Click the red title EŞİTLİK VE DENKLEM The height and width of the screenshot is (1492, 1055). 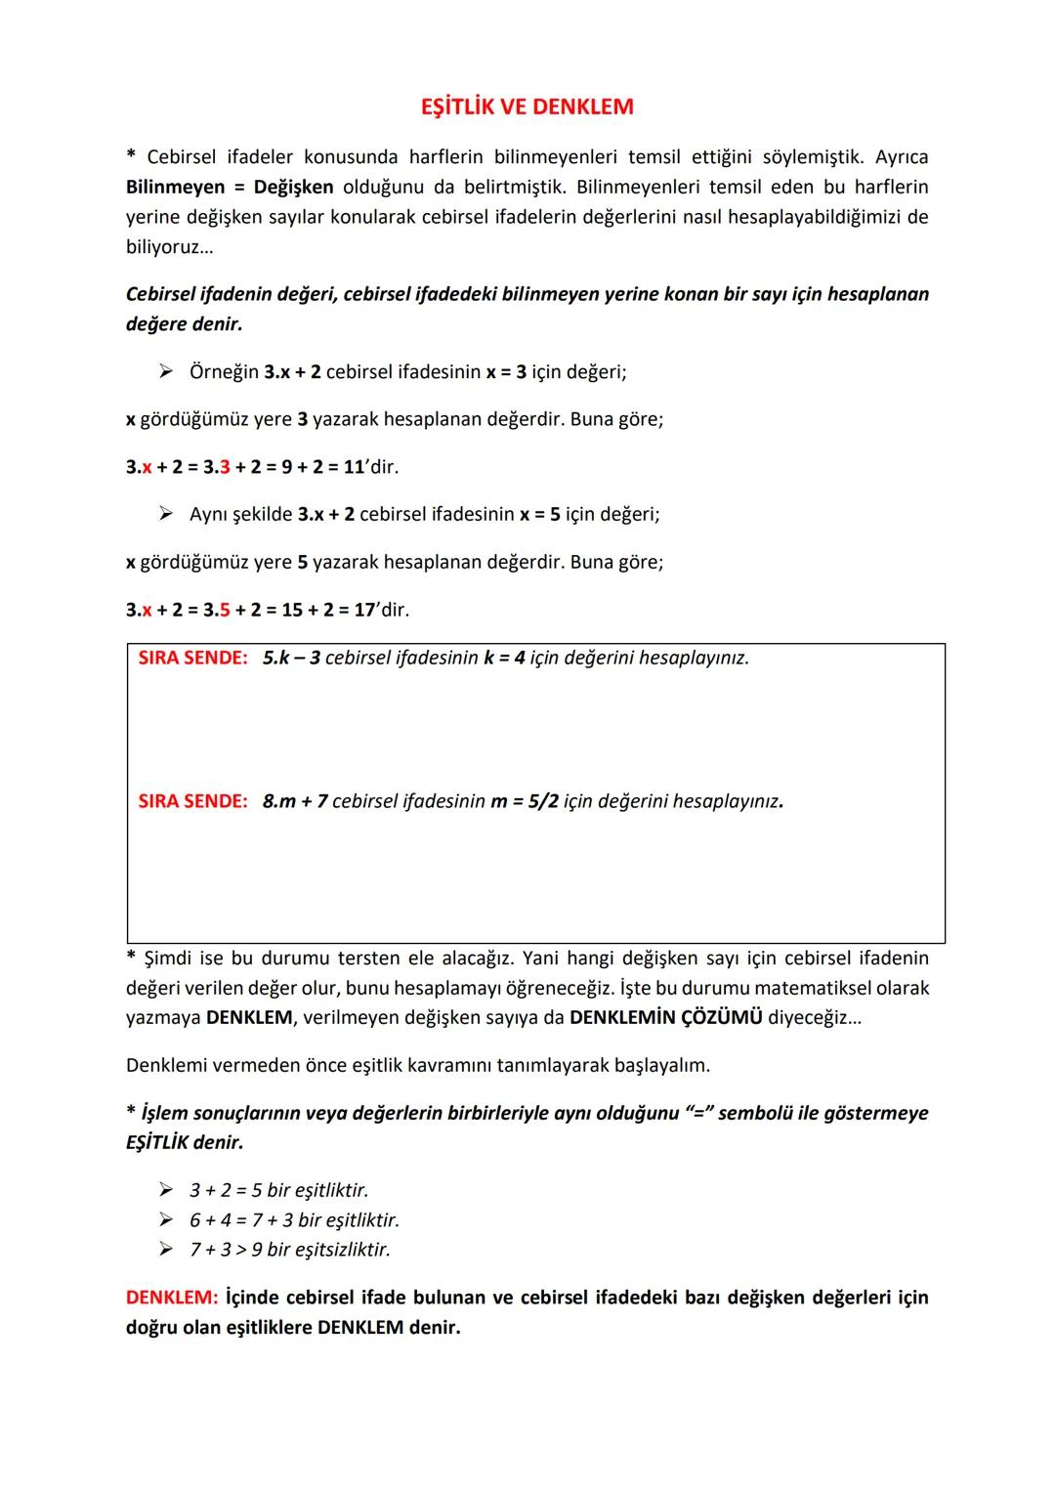(x=527, y=107)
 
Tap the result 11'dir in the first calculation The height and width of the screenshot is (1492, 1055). (x=370, y=467)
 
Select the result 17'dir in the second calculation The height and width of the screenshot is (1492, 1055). (x=381, y=610)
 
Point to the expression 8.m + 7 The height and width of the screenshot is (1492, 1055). (x=295, y=801)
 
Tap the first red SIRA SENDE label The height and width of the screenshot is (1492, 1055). (x=192, y=658)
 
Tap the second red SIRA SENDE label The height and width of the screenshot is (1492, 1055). (x=192, y=801)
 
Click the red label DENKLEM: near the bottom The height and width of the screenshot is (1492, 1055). (x=172, y=1298)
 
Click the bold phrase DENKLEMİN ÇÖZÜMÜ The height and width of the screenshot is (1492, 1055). (x=665, y=1017)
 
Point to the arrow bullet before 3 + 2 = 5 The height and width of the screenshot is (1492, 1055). (x=167, y=1190)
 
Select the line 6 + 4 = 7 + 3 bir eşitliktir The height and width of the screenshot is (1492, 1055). (x=294, y=1219)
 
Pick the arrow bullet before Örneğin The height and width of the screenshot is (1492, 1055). (x=167, y=371)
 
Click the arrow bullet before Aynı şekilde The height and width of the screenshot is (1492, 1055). (x=167, y=514)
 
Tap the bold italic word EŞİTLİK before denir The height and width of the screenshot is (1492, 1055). (x=157, y=1142)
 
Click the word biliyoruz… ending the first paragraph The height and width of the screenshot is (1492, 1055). (x=169, y=245)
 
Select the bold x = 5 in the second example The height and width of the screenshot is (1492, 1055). (x=539, y=514)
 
